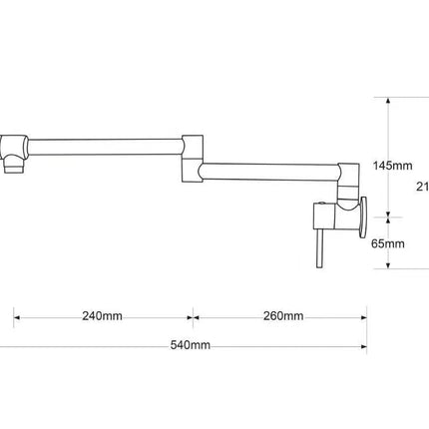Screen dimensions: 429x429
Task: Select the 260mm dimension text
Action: [x=282, y=316]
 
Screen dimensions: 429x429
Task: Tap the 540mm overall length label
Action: [x=190, y=345]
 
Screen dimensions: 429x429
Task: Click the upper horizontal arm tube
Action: [x=105, y=149]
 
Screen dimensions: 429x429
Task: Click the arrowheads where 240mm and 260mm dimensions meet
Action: [x=194, y=320]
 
